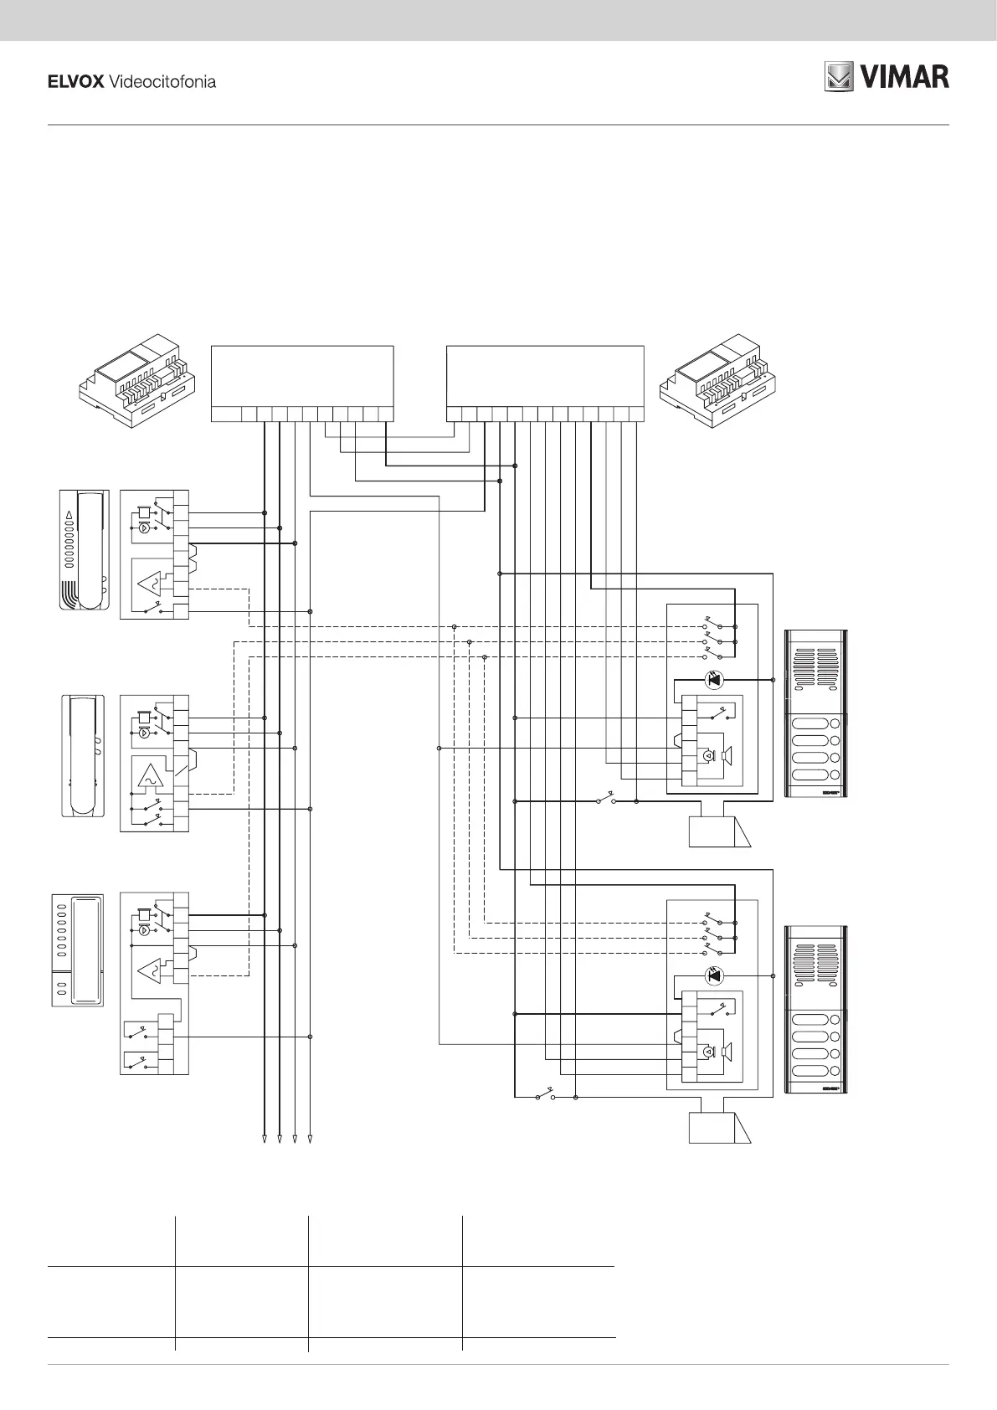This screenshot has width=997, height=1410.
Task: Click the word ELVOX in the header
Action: coord(75,82)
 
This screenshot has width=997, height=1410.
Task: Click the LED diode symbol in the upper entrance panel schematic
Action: coord(714,680)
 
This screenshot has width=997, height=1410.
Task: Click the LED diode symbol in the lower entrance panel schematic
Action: coord(714,975)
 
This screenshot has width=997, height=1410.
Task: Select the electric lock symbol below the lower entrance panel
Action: coord(719,1127)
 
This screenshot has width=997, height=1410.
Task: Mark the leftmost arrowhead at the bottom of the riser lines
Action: coord(265,1139)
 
